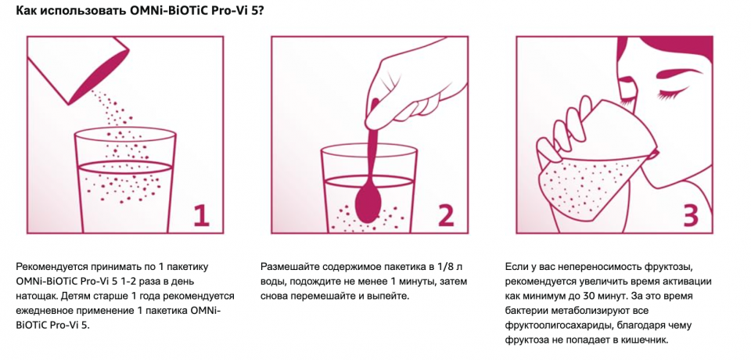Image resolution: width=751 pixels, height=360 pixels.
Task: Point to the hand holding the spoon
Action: (407, 82)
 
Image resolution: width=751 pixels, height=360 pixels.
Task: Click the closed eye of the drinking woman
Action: (670, 95)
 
